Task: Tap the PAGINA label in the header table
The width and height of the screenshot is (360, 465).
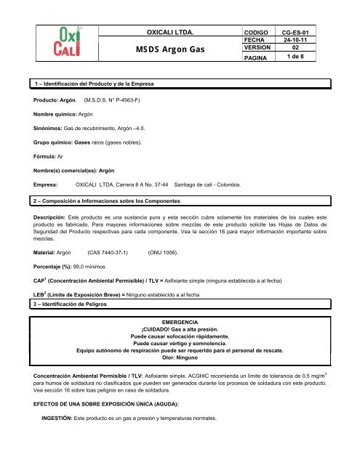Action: [259, 61]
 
